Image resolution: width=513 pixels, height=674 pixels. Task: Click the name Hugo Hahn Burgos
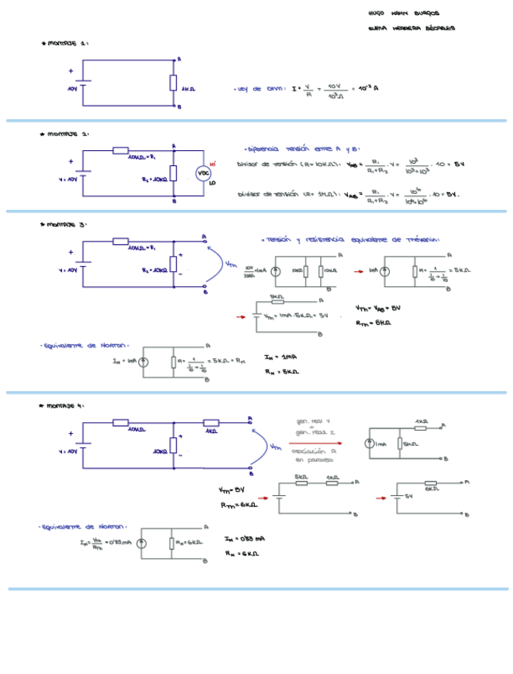(403, 14)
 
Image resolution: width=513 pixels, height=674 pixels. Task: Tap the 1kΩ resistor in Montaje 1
(173, 83)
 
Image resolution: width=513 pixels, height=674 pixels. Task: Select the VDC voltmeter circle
(202, 172)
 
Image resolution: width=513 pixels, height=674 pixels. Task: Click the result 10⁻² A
(368, 88)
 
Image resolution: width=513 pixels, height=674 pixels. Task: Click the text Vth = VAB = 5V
(378, 307)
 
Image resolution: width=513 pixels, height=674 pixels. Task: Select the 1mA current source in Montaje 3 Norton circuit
(143, 362)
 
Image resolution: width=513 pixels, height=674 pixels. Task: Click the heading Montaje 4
(64, 405)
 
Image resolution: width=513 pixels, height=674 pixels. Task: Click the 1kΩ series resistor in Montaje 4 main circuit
(211, 422)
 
